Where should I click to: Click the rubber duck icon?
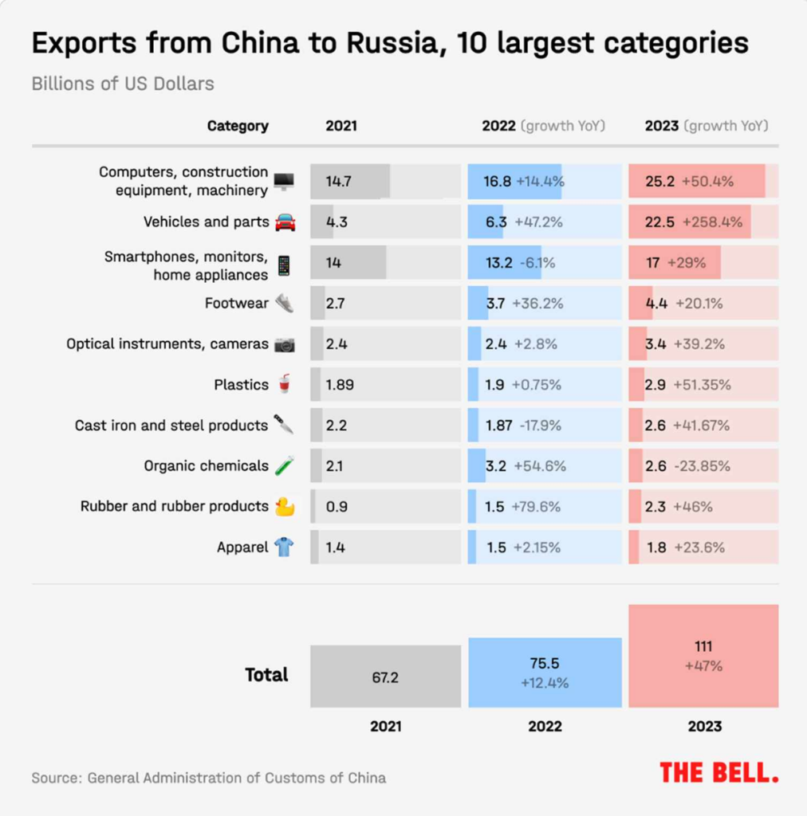click(x=284, y=506)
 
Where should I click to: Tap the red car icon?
click(x=285, y=222)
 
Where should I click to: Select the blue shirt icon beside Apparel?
click(x=284, y=547)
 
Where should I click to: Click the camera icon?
click(x=285, y=344)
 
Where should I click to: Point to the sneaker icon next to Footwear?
click(x=285, y=304)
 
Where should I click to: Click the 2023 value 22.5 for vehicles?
click(x=659, y=222)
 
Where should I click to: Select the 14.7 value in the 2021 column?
click(x=338, y=181)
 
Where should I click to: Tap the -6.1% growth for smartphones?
click(x=538, y=263)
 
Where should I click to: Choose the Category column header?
click(x=238, y=126)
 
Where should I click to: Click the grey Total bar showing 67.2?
click(x=385, y=677)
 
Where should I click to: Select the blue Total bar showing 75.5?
click(x=545, y=673)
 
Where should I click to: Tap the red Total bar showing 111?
click(x=703, y=656)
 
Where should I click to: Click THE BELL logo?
click(x=718, y=772)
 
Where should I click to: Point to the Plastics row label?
click(x=241, y=385)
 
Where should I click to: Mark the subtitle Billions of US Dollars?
click(x=123, y=84)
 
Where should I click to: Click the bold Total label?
click(x=266, y=675)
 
